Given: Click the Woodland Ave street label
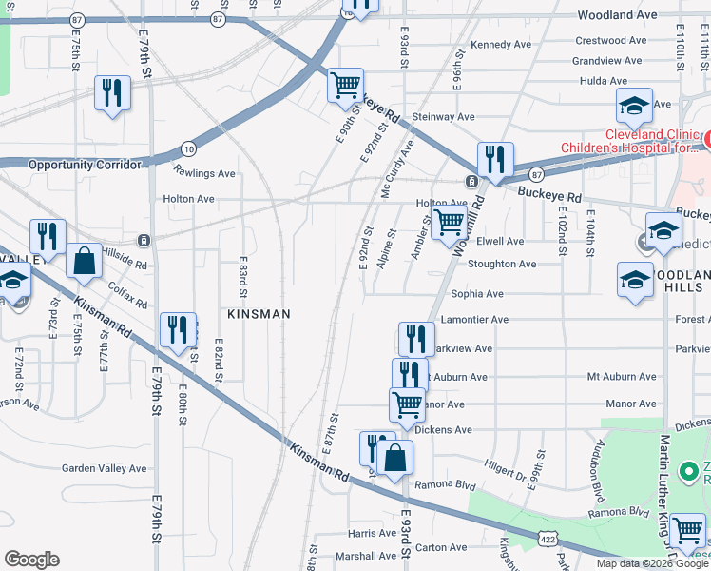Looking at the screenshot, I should (x=618, y=15).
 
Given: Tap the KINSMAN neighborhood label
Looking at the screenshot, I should (x=259, y=313).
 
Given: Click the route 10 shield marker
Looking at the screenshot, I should (x=188, y=148).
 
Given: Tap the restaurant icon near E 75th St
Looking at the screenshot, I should (x=113, y=93).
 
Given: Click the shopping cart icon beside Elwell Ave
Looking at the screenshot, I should (x=448, y=224).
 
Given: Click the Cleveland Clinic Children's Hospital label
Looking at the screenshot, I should (x=632, y=141).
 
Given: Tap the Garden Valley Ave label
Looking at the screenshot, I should (x=105, y=468).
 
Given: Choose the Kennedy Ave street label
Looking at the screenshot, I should (x=501, y=45).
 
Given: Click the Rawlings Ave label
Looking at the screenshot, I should (x=204, y=173).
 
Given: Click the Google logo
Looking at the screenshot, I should (x=31, y=560).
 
